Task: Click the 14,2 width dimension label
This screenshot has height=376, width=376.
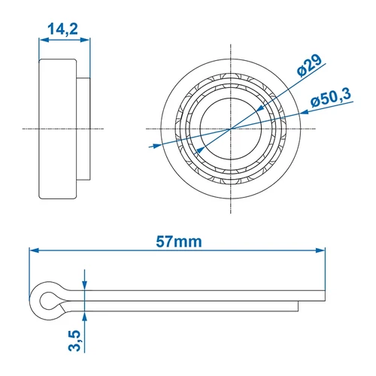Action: [x=61, y=29]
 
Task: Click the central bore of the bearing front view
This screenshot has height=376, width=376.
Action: [x=229, y=129]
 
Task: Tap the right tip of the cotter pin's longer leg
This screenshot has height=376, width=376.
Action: [x=326, y=295]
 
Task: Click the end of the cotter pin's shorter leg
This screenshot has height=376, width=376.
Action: [x=298, y=305]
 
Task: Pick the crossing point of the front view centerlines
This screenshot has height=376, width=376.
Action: [x=229, y=129]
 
